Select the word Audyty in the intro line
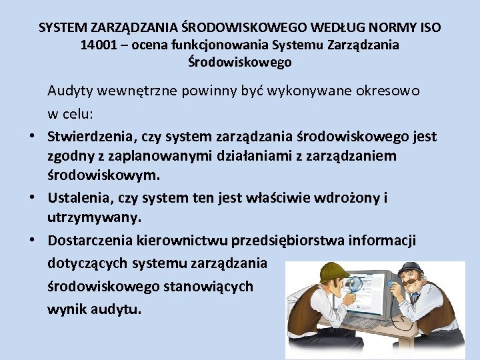pos(70,91)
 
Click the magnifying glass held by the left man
pos(354,284)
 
